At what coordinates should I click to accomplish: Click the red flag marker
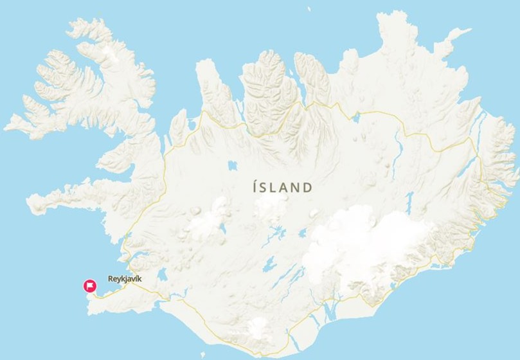[x=90, y=285]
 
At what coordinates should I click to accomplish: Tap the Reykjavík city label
[x=124, y=280]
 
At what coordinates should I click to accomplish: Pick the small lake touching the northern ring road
[x=355, y=117]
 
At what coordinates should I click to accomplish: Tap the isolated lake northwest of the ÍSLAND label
[x=231, y=166]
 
